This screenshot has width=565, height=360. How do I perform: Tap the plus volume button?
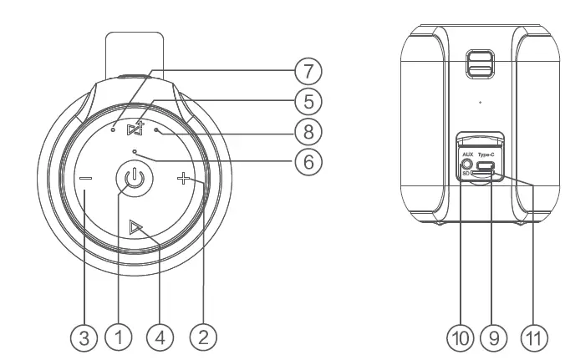183,178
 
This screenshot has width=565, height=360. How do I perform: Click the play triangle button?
135,225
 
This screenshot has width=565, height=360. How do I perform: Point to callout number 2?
203,337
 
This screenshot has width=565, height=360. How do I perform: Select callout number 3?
81,337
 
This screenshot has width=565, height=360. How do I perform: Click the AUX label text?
467,155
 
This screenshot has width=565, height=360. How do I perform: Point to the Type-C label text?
487,155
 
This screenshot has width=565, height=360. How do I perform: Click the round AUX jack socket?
467,165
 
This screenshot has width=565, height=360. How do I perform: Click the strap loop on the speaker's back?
479,67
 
